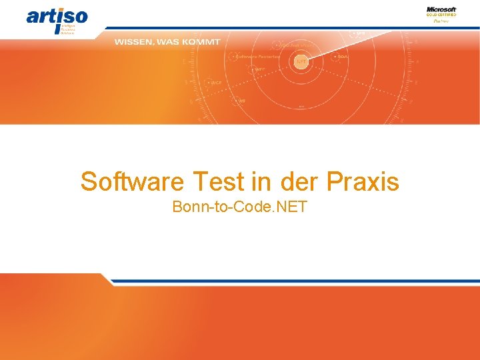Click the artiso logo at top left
[57, 18]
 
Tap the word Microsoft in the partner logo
[441, 9]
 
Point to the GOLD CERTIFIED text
[441, 15]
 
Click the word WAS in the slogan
[167, 42]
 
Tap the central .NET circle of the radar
[301, 61]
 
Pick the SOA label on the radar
[343, 57]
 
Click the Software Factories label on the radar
[257, 57]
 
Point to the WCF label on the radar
[216, 83]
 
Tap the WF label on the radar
[241, 101]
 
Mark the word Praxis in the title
[363, 181]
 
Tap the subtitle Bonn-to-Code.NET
[239, 207]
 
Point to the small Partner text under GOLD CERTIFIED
[441, 21]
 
